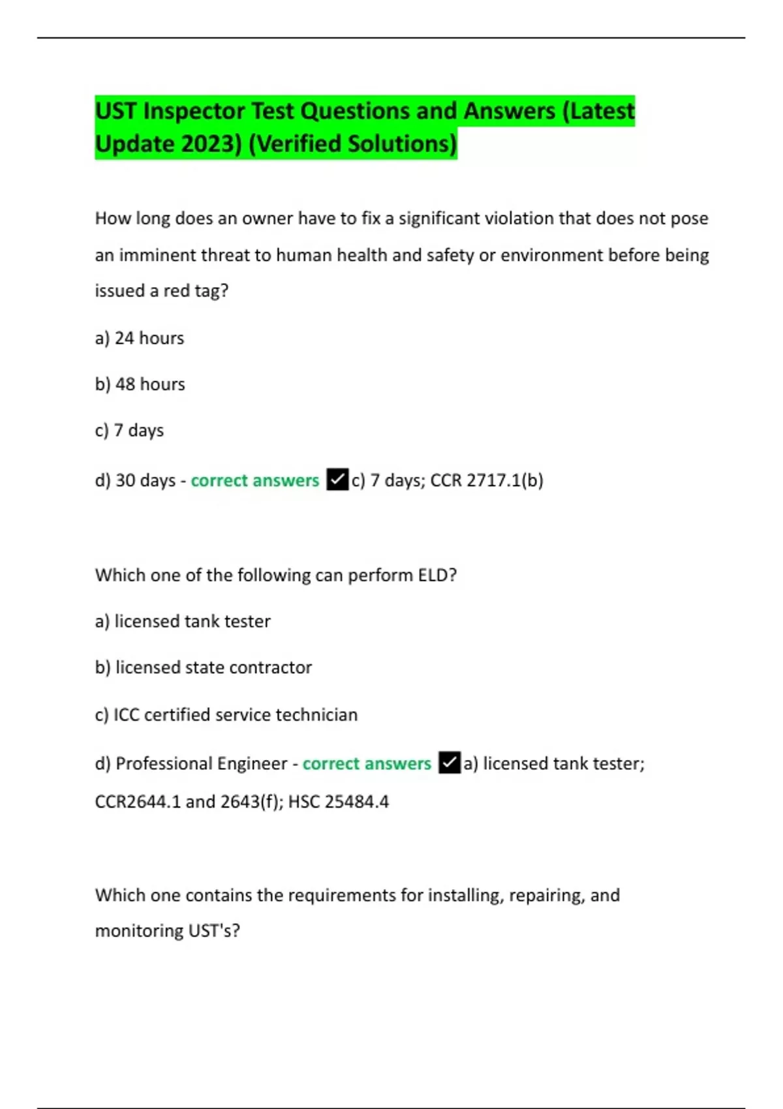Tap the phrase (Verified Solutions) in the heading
tap(353, 144)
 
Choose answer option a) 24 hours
tap(140, 338)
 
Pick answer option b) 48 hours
tap(140, 384)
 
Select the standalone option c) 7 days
tap(129, 431)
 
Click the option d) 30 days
tap(136, 481)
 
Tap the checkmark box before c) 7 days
tap(337, 480)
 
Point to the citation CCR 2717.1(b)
tap(487, 481)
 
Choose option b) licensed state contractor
tap(204, 667)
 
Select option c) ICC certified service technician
tap(226, 715)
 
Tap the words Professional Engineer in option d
tap(201, 764)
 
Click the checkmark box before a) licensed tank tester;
tap(450, 763)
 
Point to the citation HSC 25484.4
tap(339, 802)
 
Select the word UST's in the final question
tap(214, 931)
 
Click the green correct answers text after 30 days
tap(254, 481)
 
